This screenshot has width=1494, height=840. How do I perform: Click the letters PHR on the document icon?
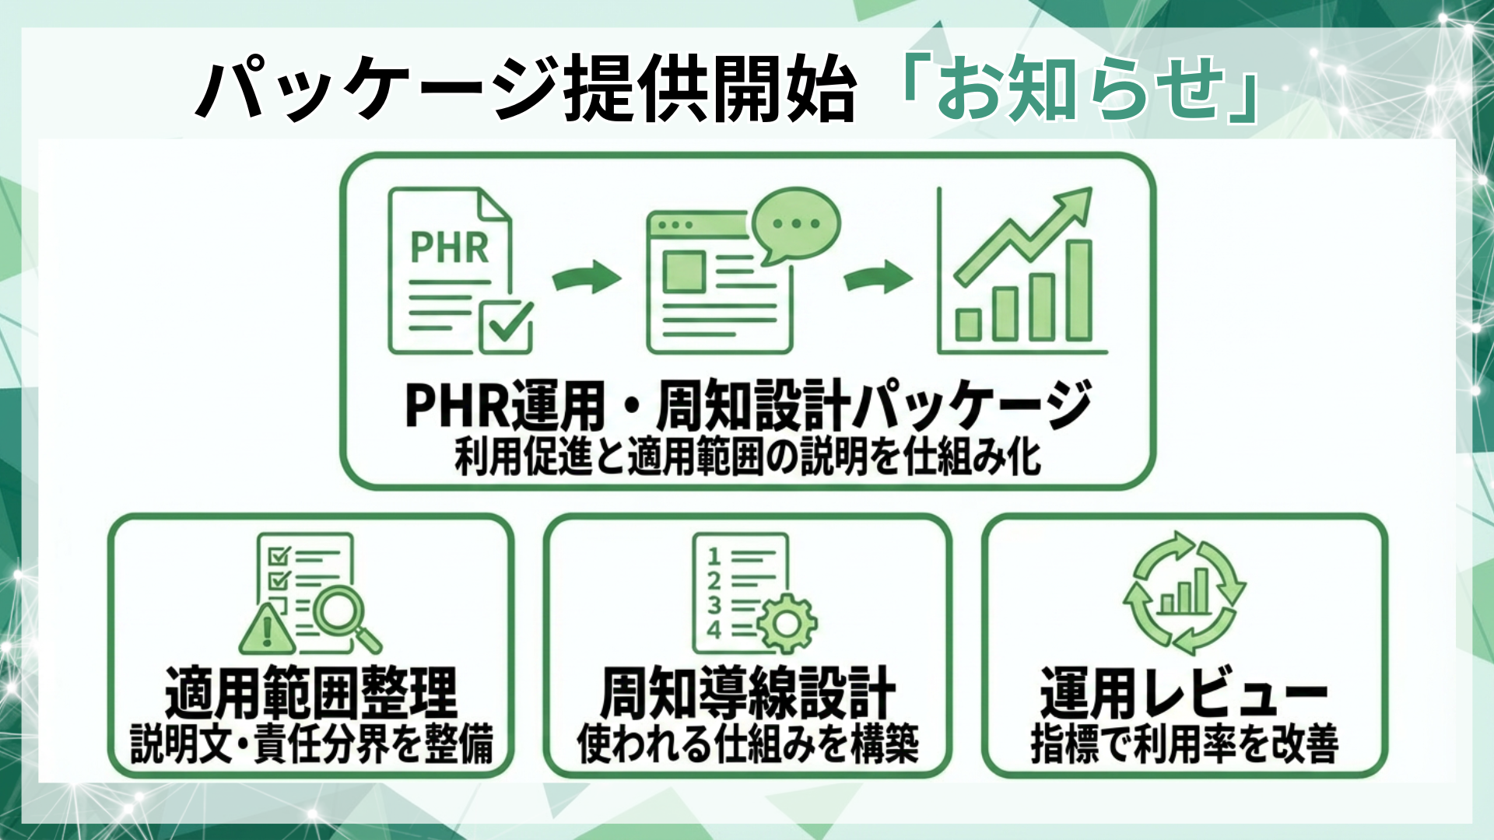[449, 248]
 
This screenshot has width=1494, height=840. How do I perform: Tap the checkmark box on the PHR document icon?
[507, 327]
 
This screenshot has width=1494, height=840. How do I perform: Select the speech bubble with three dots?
[795, 223]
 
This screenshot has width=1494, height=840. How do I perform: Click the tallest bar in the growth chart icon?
[1078, 291]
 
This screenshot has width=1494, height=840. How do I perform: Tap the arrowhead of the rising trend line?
[1077, 202]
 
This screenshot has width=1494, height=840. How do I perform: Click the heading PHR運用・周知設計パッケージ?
[747, 405]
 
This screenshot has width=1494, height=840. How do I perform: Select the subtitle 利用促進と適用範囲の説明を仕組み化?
[747, 457]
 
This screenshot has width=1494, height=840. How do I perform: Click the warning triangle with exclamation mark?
[267, 629]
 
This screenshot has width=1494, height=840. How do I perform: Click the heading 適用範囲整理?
[311, 692]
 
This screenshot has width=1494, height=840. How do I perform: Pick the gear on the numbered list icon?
[787, 623]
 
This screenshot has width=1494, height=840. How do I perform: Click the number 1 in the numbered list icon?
[714, 555]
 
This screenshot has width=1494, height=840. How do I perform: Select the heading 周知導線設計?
[747, 692]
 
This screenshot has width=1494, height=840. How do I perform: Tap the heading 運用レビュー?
[1184, 692]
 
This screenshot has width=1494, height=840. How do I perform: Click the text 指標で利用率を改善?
[1184, 744]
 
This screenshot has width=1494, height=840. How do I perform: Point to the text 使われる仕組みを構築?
[747, 744]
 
